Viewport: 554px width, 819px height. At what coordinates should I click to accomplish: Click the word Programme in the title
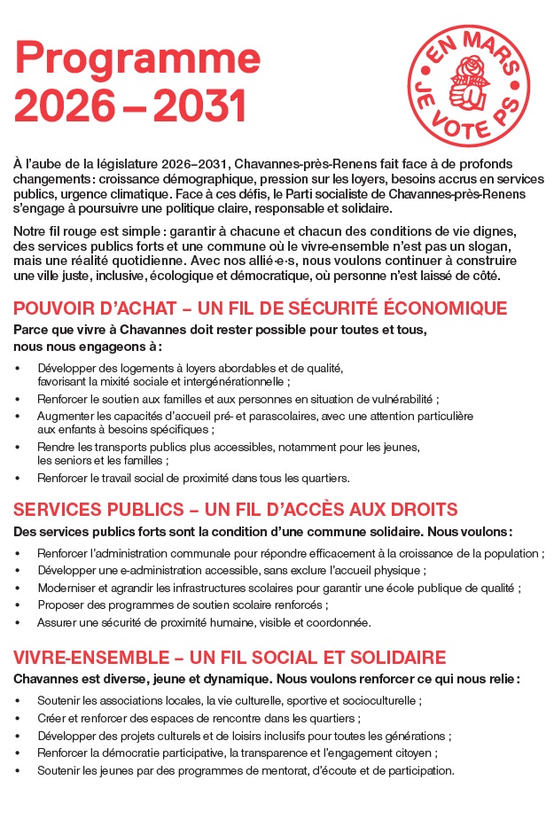coord(137,58)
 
